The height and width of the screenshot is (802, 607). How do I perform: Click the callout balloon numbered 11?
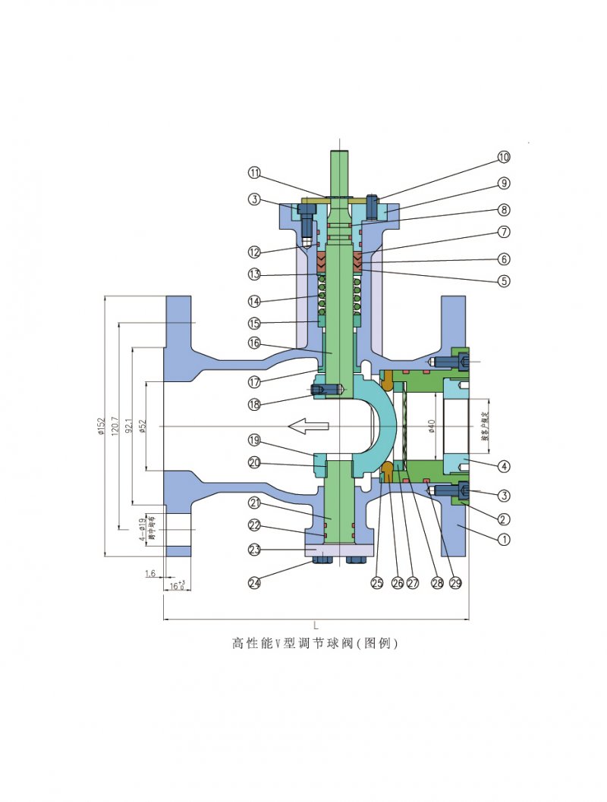coord(254,172)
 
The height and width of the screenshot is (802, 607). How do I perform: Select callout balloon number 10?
coord(504,158)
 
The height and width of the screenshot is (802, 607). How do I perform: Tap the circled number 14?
coord(254,301)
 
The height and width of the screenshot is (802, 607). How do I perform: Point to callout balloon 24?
coord(254,582)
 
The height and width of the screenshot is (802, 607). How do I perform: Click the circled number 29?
coord(455,582)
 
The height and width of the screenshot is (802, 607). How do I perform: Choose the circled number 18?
coord(254,405)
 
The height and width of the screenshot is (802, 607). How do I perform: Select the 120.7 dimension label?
coord(114,427)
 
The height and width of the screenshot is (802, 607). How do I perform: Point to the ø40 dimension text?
coord(432,427)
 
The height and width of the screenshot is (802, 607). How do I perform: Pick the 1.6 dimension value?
coord(151,574)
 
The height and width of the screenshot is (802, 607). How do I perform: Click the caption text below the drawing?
coord(314,644)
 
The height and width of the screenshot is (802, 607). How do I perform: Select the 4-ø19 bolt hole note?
coord(143,528)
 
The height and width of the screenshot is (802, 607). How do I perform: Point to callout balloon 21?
coord(254,503)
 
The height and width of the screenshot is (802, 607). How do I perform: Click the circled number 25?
coord(377,582)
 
